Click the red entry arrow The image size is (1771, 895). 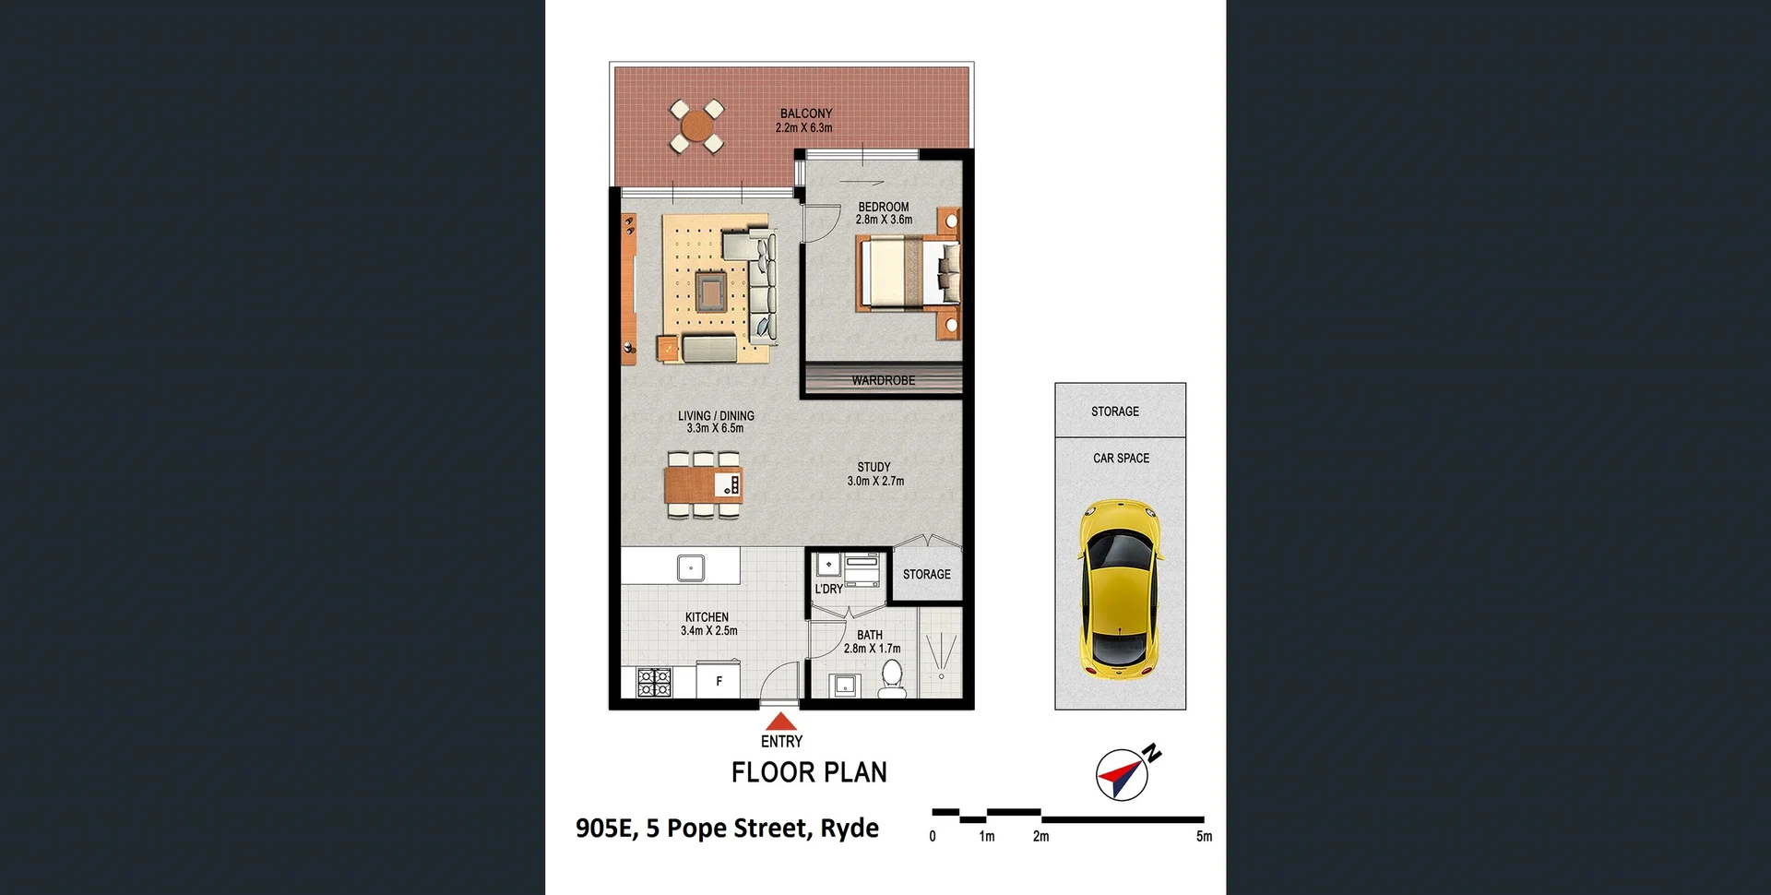click(x=781, y=722)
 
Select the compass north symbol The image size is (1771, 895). click(x=1123, y=773)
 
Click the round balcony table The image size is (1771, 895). click(x=696, y=125)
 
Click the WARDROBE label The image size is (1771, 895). click(x=883, y=380)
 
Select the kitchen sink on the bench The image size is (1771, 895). click(x=691, y=567)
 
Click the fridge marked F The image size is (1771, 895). click(x=719, y=681)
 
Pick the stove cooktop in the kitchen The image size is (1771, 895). click(x=654, y=682)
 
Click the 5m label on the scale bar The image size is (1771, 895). click(x=1204, y=836)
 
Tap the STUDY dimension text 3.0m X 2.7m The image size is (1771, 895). click(x=875, y=481)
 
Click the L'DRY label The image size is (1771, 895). click(x=828, y=589)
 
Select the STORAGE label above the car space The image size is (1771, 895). click(x=1114, y=412)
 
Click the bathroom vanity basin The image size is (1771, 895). click(x=845, y=686)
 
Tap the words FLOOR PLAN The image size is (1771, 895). click(x=809, y=772)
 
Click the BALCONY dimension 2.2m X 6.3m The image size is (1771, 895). click(x=803, y=128)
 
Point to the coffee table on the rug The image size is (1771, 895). click(x=710, y=292)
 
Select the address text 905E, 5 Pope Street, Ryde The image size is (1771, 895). click(x=727, y=828)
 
